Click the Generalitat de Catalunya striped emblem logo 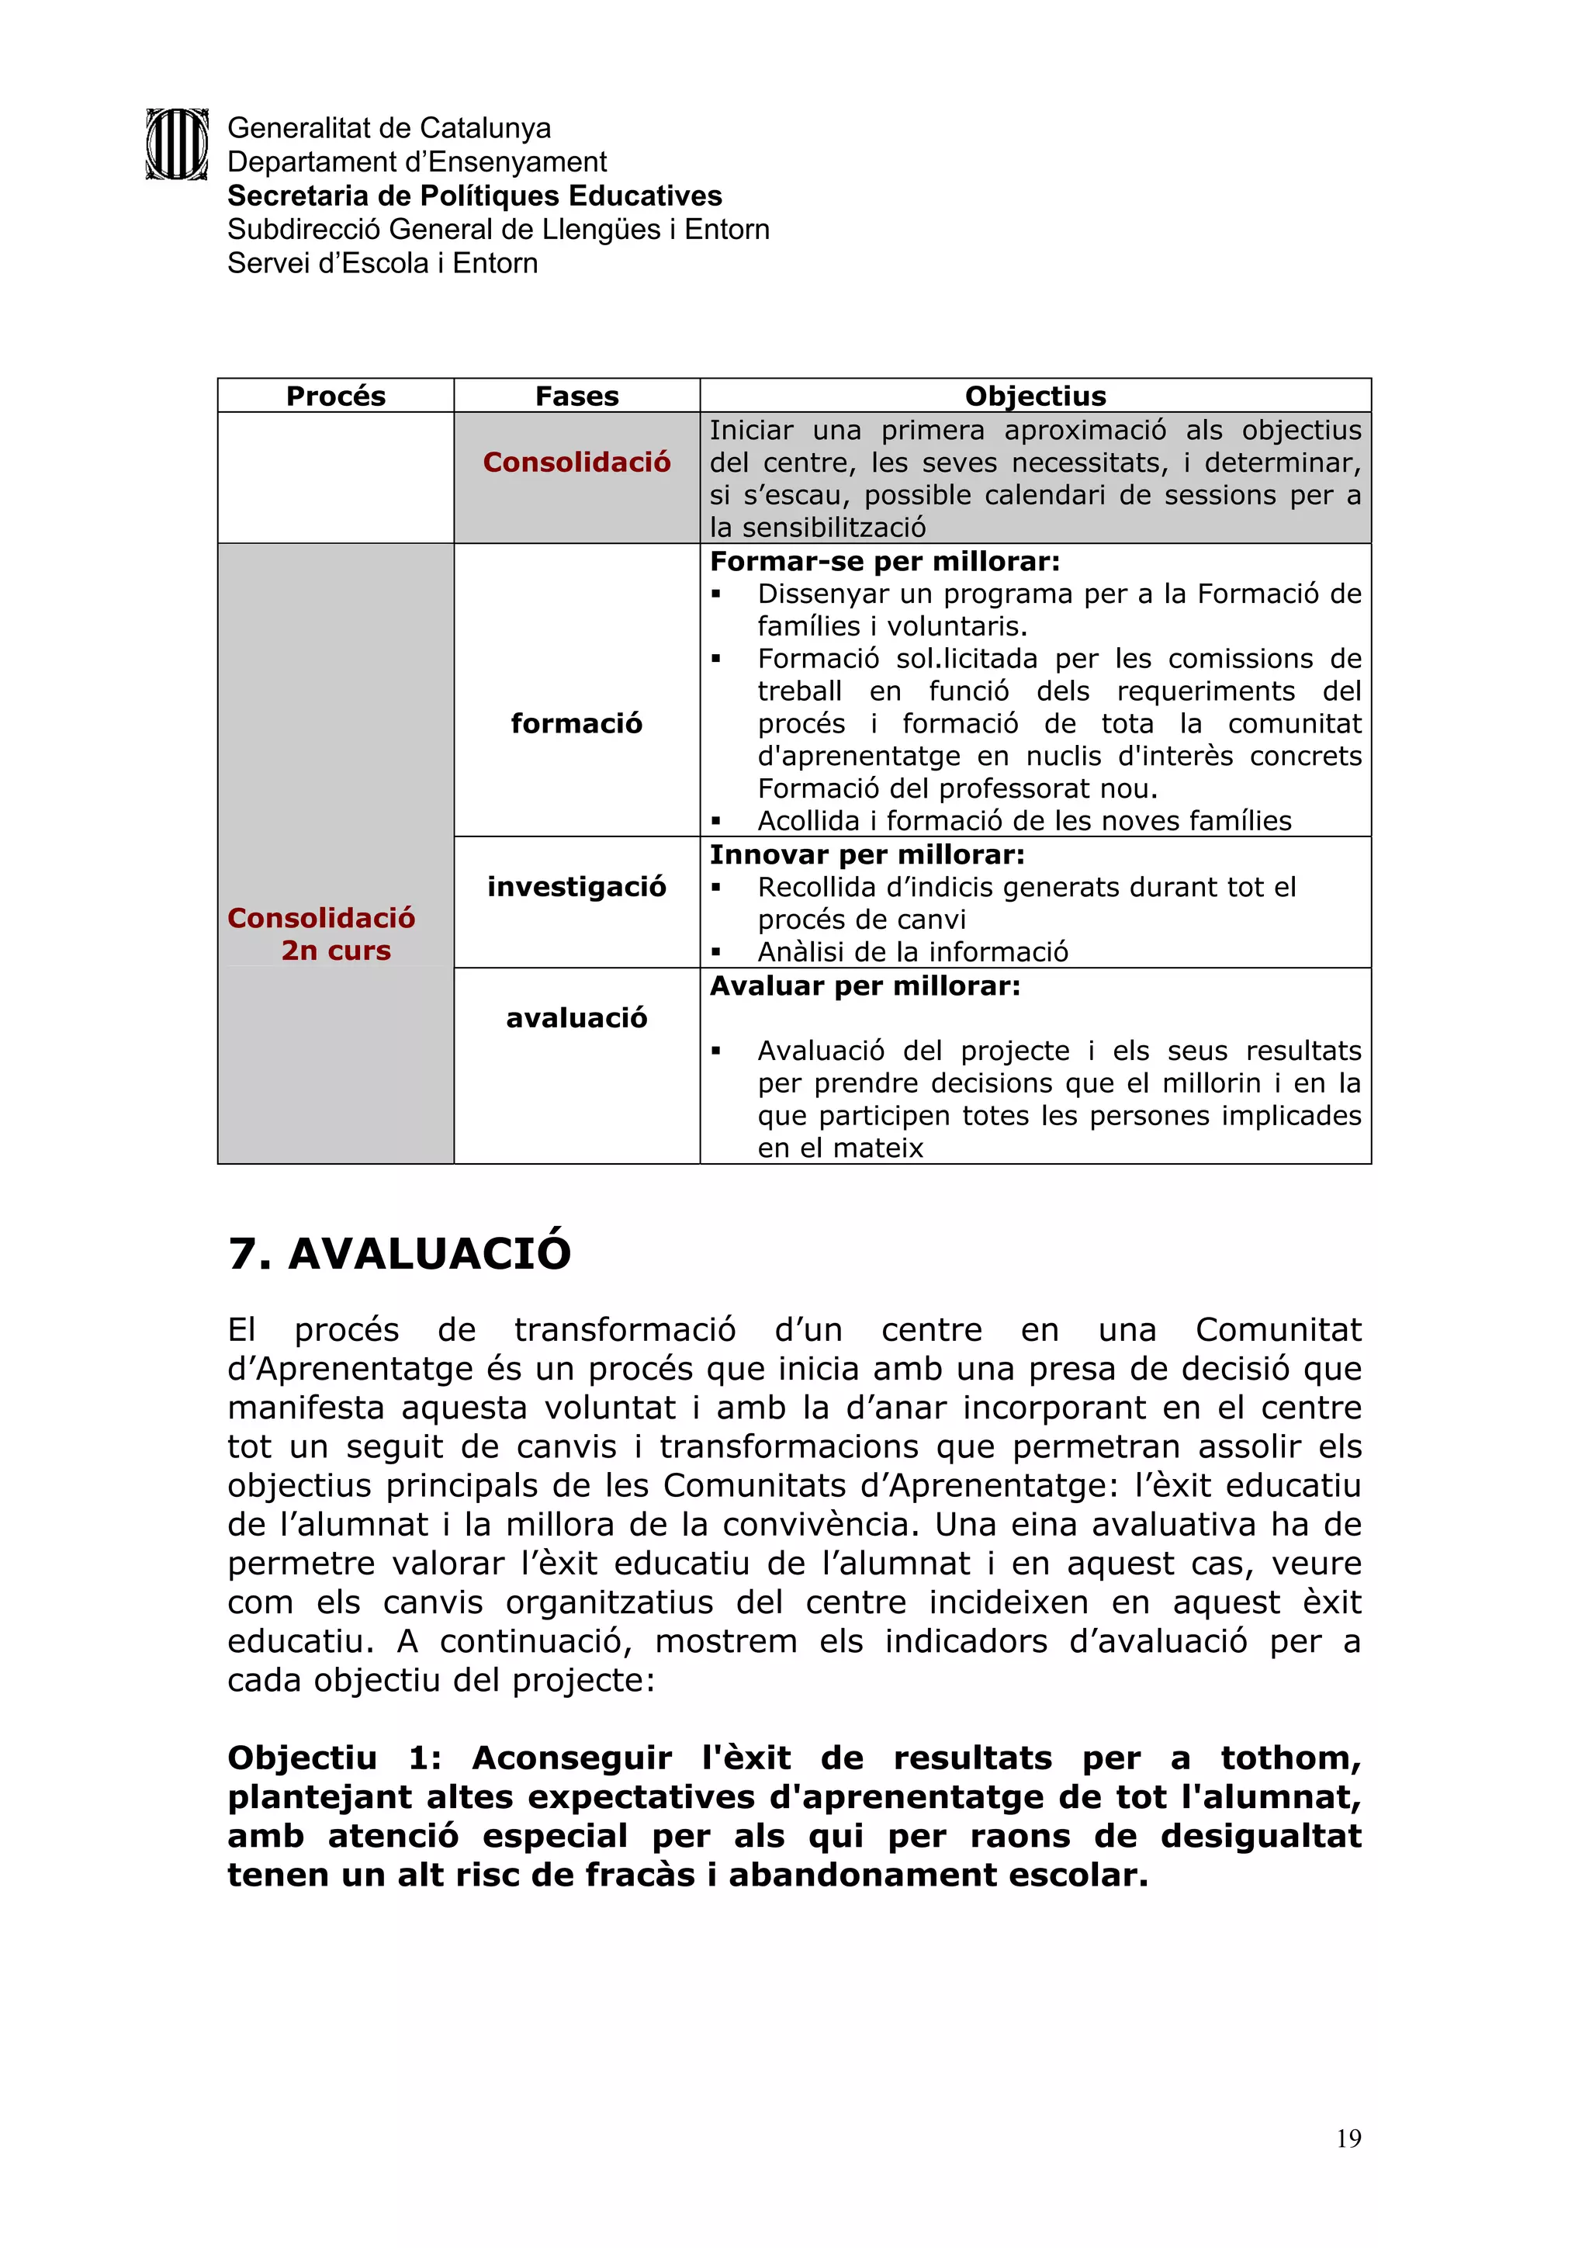pyautogui.click(x=177, y=144)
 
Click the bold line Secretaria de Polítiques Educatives pyautogui.click(x=474, y=196)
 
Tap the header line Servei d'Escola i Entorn pyautogui.click(x=382, y=263)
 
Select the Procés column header pyautogui.click(x=336, y=396)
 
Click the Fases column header pyautogui.click(x=576, y=396)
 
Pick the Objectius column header pyautogui.click(x=1035, y=396)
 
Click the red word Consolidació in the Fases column pyautogui.click(x=576, y=462)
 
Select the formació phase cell pyautogui.click(x=576, y=723)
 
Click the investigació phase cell pyautogui.click(x=576, y=887)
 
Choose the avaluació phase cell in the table pyautogui.click(x=576, y=1018)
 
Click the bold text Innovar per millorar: pyautogui.click(x=867, y=855)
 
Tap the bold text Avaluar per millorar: pyautogui.click(x=864, y=986)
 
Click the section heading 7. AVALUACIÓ pyautogui.click(x=400, y=1253)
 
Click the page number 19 pyautogui.click(x=1348, y=2139)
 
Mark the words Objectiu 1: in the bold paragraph pyautogui.click(x=334, y=1758)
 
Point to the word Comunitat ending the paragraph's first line pyautogui.click(x=1278, y=1329)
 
